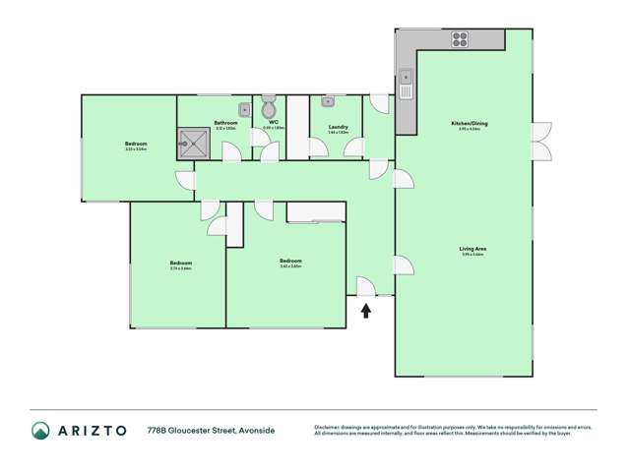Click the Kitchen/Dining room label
pyautogui.click(x=472, y=123)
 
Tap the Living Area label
pyautogui.click(x=472, y=249)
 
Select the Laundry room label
pyautogui.click(x=337, y=126)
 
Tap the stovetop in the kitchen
pyautogui.click(x=460, y=40)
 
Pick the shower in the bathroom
pyautogui.click(x=193, y=145)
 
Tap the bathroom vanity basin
pyautogui.click(x=241, y=109)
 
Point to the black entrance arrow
pyautogui.click(x=366, y=312)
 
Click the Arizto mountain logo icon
pyautogui.click(x=41, y=430)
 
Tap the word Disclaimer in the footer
pyautogui.click(x=330, y=426)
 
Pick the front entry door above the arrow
pyautogui.click(x=364, y=286)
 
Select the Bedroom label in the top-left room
pyautogui.click(x=136, y=145)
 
